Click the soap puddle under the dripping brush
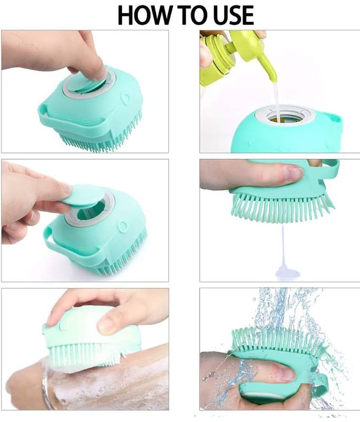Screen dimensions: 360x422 click(x=287, y=272)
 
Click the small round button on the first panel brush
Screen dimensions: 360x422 click(x=125, y=98)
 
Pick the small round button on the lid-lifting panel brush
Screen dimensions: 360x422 click(x=123, y=226)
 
